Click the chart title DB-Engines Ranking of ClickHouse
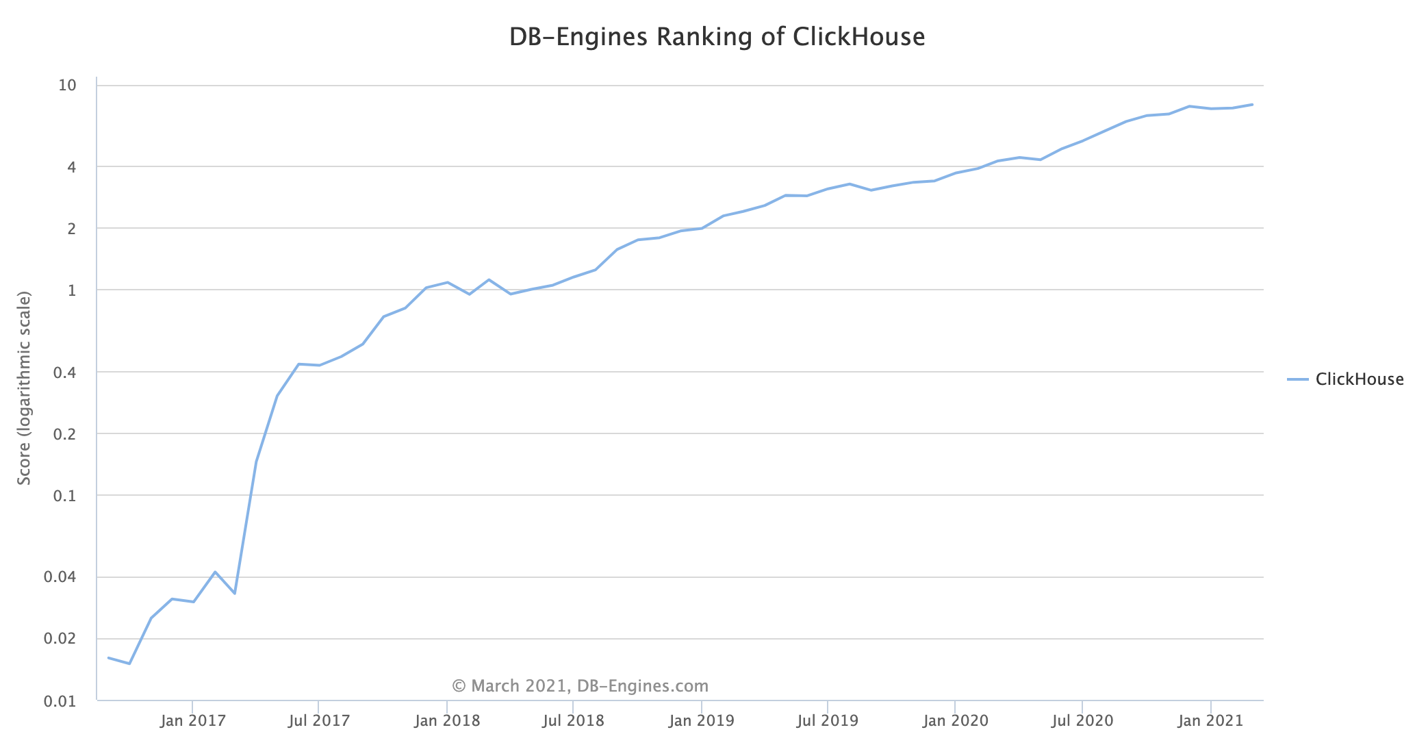(717, 37)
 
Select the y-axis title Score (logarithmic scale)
(25, 388)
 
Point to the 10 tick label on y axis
(67, 86)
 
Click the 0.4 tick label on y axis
(63, 372)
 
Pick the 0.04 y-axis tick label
(60, 577)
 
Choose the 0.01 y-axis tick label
(60, 701)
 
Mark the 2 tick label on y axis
(72, 229)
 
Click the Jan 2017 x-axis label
(192, 721)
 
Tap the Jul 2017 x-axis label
(319, 721)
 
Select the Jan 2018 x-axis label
(447, 721)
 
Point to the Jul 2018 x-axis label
(573, 721)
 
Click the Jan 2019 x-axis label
(701, 721)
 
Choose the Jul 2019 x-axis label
(828, 721)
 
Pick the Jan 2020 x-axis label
(955, 721)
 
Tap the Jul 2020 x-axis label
(1082, 721)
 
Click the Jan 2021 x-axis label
(1210, 721)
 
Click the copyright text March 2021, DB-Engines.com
(580, 686)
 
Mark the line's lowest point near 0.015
(129, 664)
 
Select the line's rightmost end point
(1253, 105)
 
